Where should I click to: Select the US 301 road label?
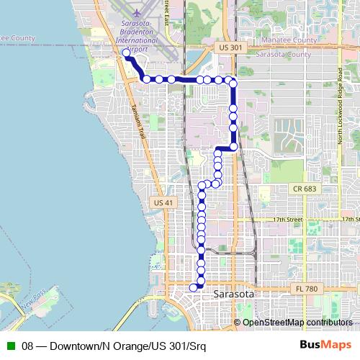point(226,47)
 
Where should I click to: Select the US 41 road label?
point(163,204)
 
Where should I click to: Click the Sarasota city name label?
point(235,295)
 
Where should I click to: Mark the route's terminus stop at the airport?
point(125,53)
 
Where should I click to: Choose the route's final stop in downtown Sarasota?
point(193,287)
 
